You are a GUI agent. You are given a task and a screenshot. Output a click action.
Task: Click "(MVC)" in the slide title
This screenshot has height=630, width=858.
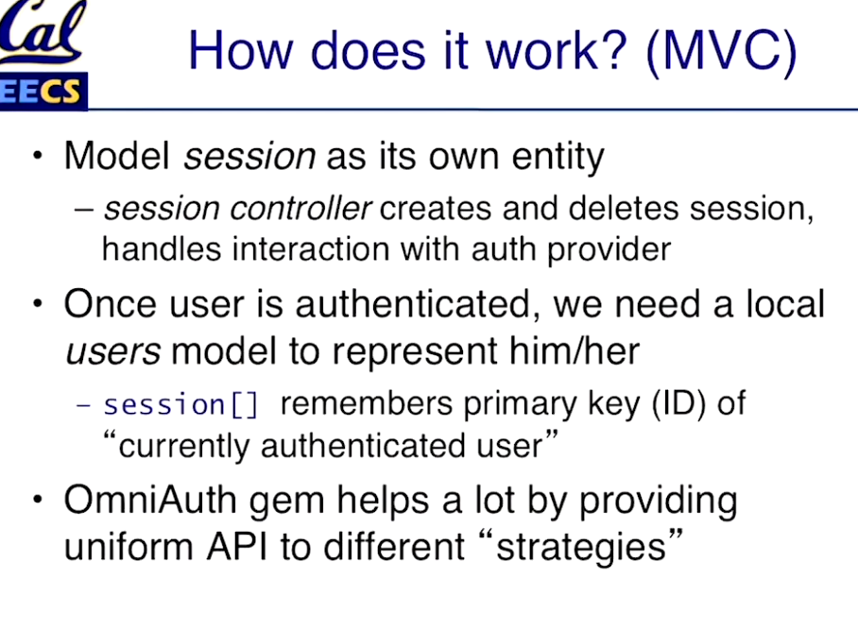click(x=721, y=52)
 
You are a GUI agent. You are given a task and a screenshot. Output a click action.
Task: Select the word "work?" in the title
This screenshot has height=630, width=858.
click(x=556, y=51)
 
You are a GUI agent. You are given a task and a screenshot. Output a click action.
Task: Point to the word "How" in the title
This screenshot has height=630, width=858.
click(x=240, y=51)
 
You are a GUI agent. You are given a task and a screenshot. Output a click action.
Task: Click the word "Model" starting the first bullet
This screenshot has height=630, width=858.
click(x=117, y=156)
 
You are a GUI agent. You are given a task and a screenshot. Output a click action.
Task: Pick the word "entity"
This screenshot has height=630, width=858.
click(x=558, y=158)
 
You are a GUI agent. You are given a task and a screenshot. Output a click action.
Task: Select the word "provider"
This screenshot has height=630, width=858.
click(x=609, y=251)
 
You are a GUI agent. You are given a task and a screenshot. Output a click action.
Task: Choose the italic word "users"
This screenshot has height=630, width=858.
click(x=112, y=351)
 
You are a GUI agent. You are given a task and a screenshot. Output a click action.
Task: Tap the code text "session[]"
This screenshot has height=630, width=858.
click(x=180, y=405)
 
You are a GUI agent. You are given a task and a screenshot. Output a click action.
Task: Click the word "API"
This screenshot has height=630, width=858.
click(x=236, y=546)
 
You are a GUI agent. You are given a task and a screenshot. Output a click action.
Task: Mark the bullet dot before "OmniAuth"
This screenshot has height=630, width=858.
click(x=37, y=500)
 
